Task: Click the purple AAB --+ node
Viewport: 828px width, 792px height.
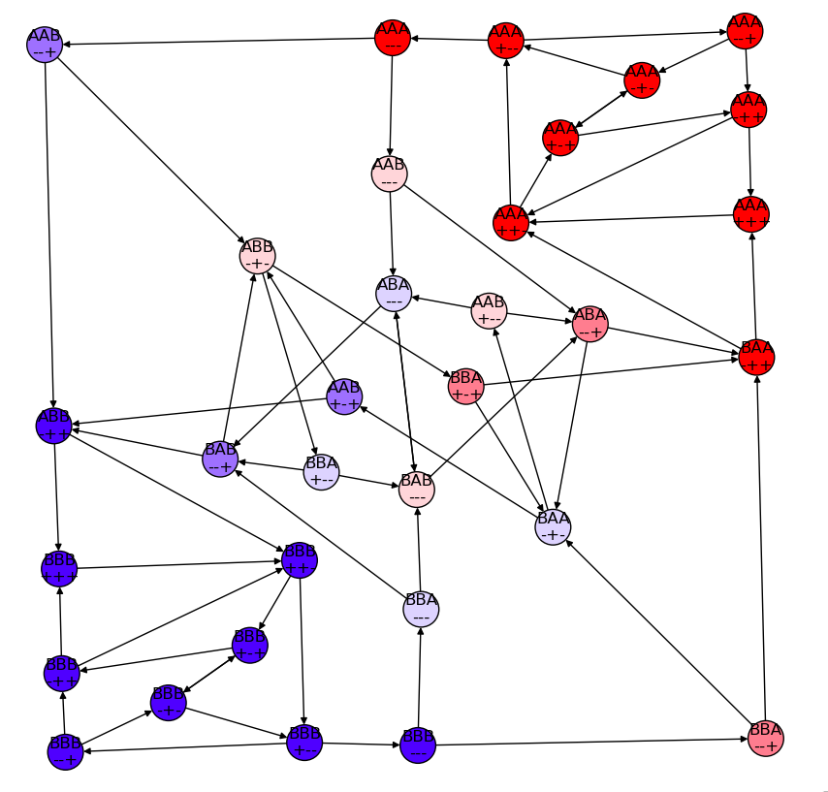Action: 45,44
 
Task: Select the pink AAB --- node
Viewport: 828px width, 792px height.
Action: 390,173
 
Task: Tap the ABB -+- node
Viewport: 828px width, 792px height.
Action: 257,256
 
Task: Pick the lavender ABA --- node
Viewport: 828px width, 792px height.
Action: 394,293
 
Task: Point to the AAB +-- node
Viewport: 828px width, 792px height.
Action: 489,309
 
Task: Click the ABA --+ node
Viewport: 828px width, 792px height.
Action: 589,324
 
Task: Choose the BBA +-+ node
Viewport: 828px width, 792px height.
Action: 466,386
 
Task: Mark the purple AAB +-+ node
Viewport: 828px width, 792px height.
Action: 344,396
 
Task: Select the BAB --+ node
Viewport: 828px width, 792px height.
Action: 220,459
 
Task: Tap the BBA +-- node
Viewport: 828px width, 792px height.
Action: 321,472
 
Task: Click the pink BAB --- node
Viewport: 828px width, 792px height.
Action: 417,489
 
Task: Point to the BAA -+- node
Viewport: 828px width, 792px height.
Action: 553,526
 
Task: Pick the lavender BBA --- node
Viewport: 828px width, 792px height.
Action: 421,609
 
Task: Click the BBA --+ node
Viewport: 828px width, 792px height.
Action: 766,739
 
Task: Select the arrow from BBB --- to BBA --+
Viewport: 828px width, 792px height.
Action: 591,742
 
